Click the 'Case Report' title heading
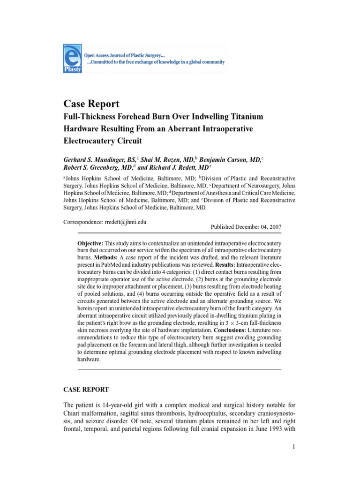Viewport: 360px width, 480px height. [91, 104]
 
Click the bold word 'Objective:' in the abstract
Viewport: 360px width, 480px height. [90, 244]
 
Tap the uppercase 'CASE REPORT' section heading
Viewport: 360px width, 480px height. [86, 389]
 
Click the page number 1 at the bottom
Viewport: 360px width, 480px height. [292, 447]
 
